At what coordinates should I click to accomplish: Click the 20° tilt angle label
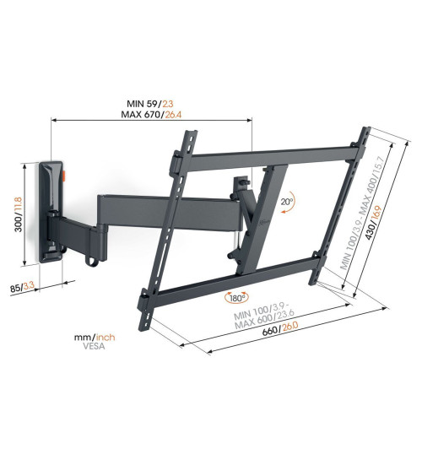pos(289,202)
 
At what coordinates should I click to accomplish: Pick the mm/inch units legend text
pos(95,338)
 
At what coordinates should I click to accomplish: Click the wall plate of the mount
pos(52,211)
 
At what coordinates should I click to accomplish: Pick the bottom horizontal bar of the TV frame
pos(228,284)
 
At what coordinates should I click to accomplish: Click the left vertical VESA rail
pos(168,228)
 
